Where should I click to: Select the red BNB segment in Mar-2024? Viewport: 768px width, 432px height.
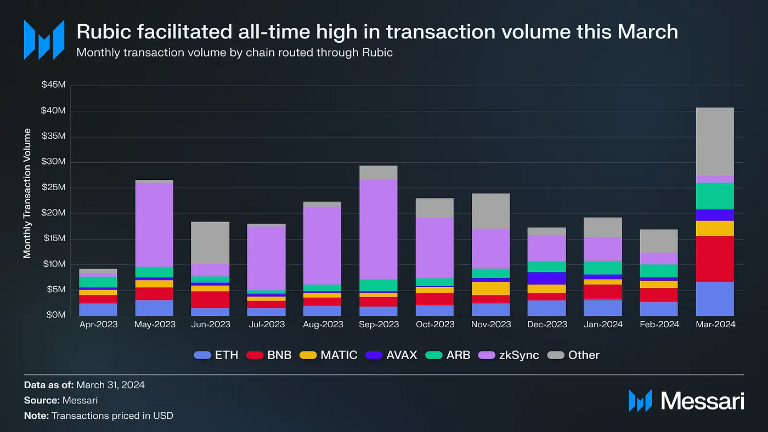(715, 259)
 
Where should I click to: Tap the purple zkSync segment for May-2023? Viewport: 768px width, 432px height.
(154, 225)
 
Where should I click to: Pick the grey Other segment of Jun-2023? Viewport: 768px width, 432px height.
(210, 243)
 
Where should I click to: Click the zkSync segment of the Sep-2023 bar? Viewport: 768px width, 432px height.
(379, 229)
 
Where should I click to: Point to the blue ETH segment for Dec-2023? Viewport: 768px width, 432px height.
(547, 308)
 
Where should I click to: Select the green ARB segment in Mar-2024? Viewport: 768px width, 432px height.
(715, 196)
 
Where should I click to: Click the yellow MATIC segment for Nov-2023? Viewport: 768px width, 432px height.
(490, 288)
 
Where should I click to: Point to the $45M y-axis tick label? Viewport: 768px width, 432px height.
(53, 86)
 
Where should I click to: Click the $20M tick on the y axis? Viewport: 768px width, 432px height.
(53, 213)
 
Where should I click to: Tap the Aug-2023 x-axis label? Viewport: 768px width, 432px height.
(323, 325)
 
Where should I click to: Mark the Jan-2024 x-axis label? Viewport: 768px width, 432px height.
(603, 325)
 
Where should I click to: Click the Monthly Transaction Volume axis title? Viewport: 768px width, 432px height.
(27, 194)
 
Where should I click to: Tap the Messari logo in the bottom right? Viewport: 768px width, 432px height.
(686, 401)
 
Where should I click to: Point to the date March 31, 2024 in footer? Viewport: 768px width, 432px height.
(110, 385)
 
